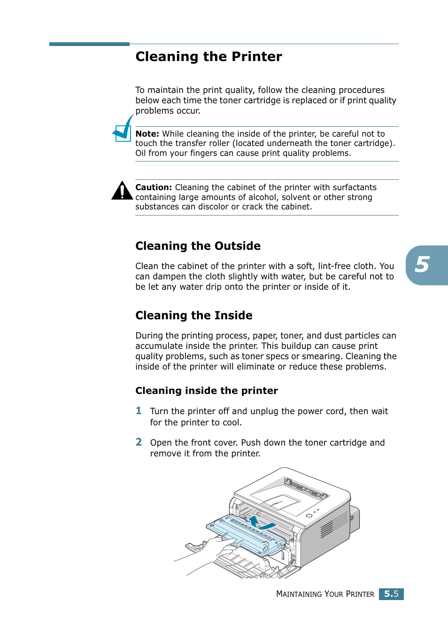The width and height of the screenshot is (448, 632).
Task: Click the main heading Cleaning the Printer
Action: click(x=209, y=57)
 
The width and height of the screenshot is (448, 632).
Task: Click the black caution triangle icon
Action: click(x=122, y=191)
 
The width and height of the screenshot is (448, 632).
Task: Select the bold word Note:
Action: click(x=147, y=134)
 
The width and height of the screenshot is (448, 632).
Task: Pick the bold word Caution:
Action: click(x=154, y=187)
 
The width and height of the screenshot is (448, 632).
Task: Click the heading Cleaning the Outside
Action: click(x=198, y=246)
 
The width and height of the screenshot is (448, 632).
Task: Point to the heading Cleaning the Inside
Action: click(x=193, y=316)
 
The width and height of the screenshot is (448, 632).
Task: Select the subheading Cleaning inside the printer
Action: click(x=206, y=391)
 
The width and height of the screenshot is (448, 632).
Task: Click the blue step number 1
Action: click(x=139, y=411)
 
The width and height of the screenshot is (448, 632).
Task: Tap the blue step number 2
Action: click(x=139, y=442)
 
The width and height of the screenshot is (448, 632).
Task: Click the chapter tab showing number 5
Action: click(x=425, y=265)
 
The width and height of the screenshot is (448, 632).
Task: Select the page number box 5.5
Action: click(x=391, y=594)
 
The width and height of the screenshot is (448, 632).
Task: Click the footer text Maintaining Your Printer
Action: click(x=325, y=594)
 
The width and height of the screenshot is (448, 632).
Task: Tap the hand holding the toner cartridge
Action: click(x=216, y=549)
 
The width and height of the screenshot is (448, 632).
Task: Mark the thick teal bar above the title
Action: click(x=89, y=44)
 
